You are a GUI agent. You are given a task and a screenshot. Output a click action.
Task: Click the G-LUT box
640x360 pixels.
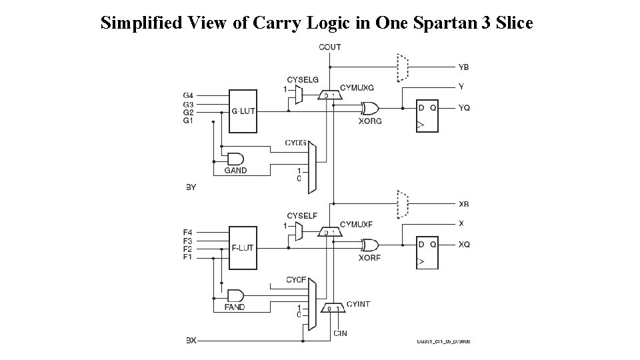point(243,111)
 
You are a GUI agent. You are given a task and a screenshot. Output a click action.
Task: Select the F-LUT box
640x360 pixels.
point(243,248)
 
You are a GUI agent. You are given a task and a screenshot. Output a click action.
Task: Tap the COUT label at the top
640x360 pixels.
point(330,47)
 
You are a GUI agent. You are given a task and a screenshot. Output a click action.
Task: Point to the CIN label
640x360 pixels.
point(340,333)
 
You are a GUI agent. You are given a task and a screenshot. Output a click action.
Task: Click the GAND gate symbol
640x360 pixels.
point(235,159)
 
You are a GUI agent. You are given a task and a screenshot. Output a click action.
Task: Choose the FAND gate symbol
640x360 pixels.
point(235,295)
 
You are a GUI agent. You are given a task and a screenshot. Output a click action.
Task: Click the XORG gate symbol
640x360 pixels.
point(369,108)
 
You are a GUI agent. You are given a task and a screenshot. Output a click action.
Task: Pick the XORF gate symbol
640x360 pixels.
point(369,245)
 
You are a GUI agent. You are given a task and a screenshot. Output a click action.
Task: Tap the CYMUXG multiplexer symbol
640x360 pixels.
point(330,96)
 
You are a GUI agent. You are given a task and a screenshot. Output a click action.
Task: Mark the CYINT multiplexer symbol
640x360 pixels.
point(333,308)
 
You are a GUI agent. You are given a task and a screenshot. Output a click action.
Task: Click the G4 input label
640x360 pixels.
point(189,96)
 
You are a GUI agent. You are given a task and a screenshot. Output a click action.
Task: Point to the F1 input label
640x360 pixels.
point(189,257)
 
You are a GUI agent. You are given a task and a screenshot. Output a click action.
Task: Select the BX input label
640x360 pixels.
point(191,341)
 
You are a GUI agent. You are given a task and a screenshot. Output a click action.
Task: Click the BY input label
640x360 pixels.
point(191,187)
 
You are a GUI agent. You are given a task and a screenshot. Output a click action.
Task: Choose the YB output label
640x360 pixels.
point(463,67)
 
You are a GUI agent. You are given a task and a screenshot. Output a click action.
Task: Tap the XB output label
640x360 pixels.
point(463,204)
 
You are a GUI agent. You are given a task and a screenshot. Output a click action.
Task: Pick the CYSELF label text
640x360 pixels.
point(302,215)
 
